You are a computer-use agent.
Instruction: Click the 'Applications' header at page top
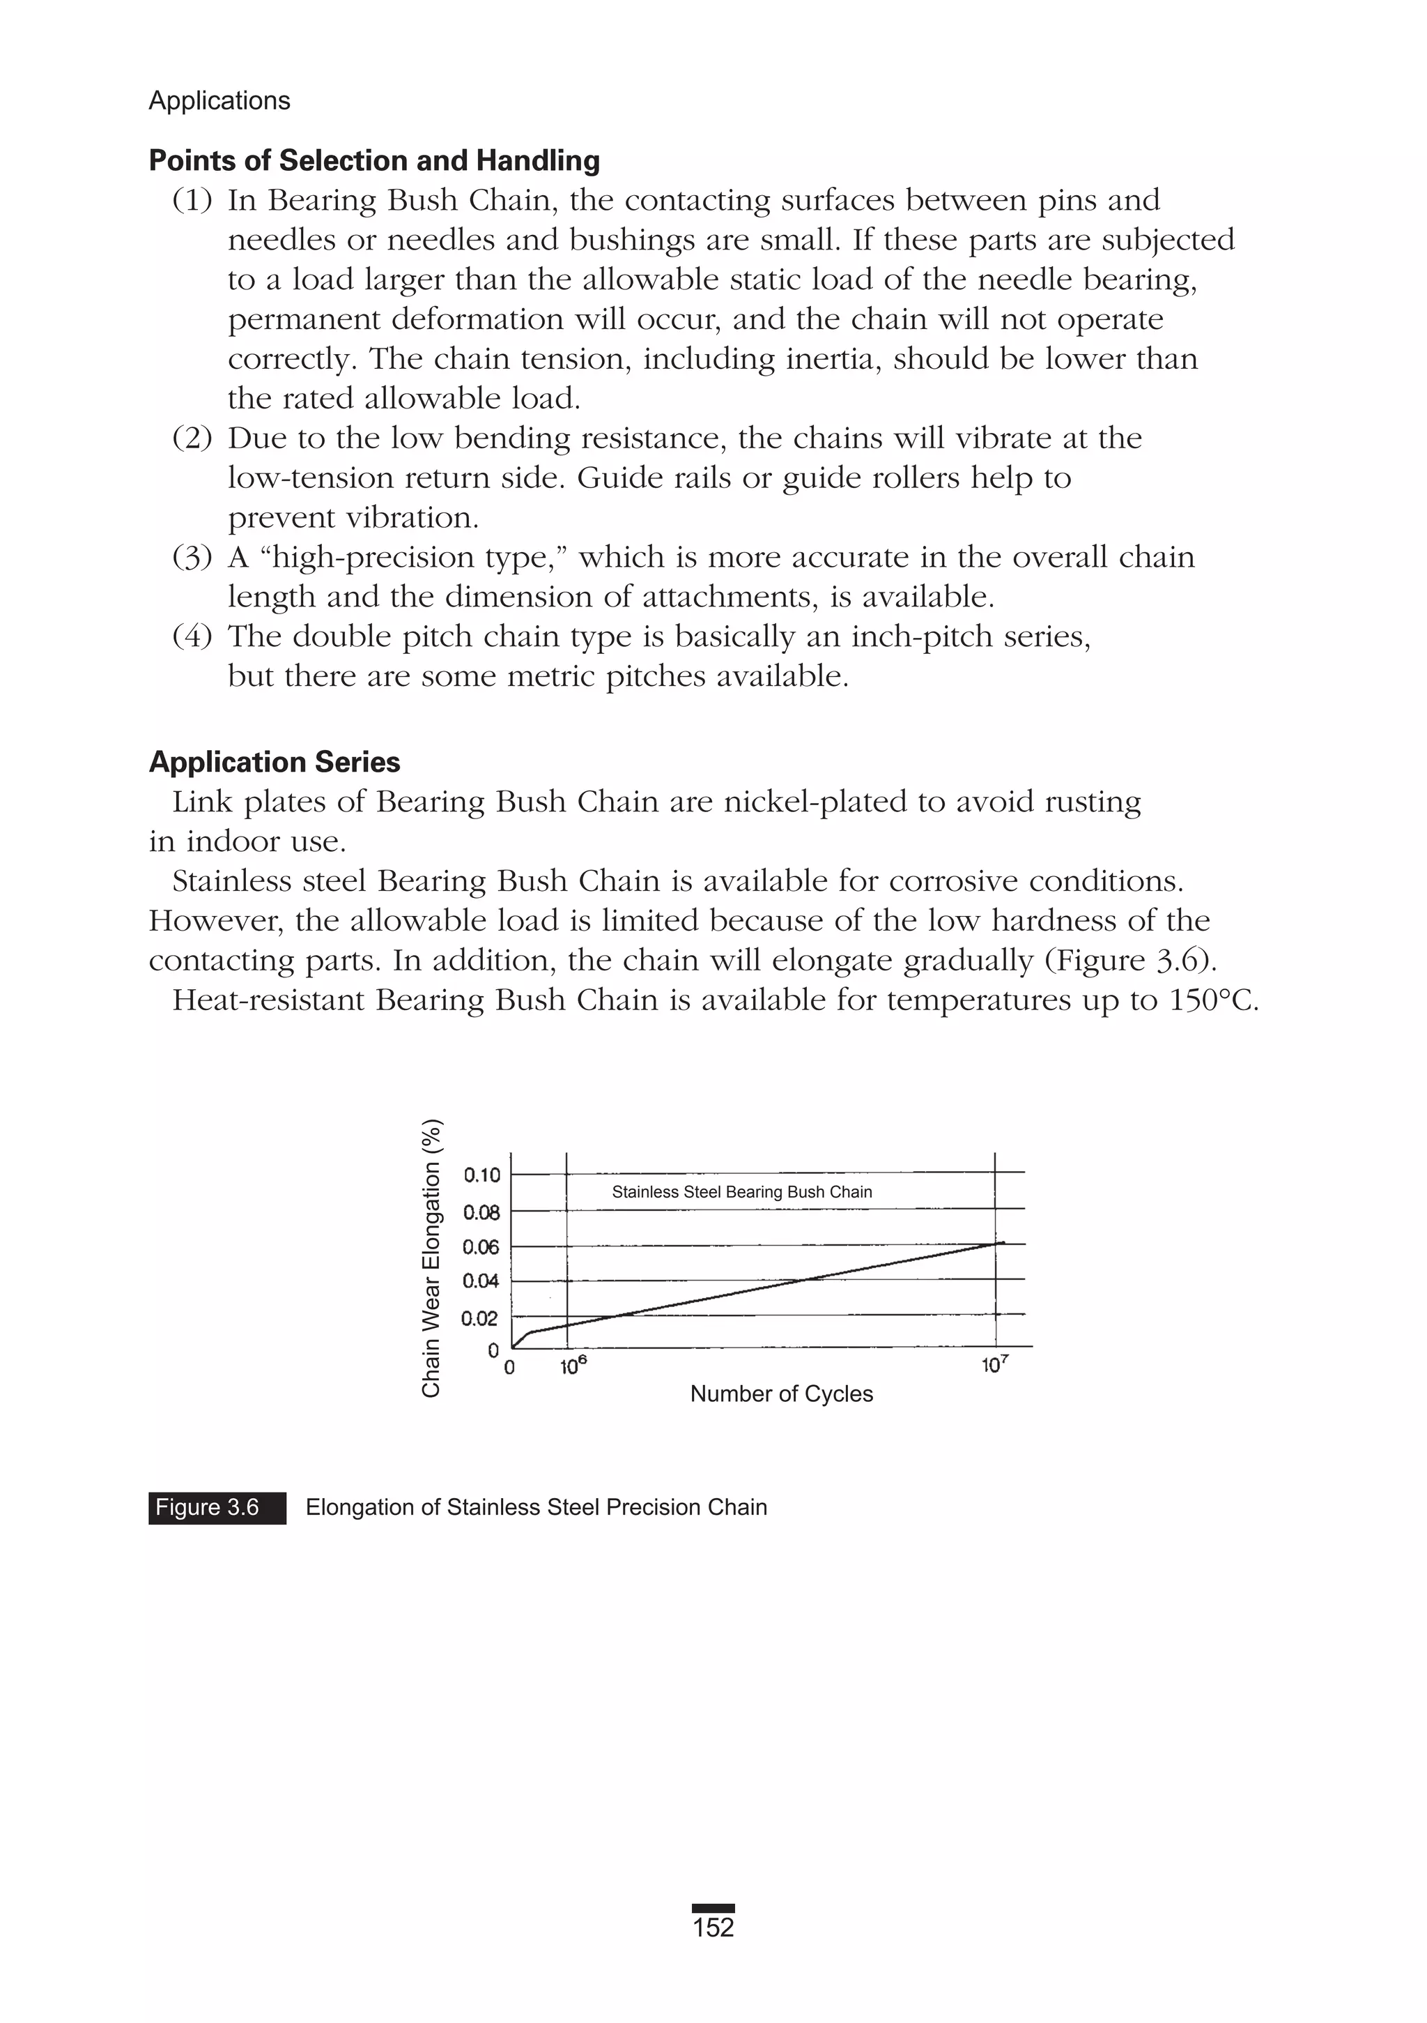coord(219,100)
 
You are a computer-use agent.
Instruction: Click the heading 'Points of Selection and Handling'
coord(374,160)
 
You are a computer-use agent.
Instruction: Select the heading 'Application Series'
coord(274,761)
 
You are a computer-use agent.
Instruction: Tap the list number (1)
coord(192,201)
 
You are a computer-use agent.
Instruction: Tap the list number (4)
coord(192,636)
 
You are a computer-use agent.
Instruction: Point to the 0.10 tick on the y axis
coord(481,1175)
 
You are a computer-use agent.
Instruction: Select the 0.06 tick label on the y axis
coord(481,1246)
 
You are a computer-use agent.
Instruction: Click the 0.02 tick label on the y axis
coord(480,1318)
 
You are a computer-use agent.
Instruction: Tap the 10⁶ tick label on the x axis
coord(573,1366)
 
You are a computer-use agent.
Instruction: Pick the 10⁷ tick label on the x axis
coord(996,1366)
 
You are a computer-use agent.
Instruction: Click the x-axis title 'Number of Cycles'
coord(781,1394)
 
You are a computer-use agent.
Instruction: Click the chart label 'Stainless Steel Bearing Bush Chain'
coord(741,1192)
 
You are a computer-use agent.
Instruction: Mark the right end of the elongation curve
coord(1003,1242)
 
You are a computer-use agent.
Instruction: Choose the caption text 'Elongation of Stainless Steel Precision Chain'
coord(536,1508)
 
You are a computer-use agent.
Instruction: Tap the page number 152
coord(713,1927)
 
